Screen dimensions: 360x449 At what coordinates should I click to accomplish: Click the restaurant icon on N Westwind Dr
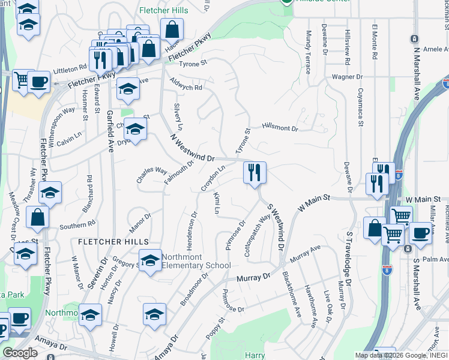[255, 173]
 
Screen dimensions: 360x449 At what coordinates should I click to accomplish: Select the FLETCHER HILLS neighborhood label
[113, 241]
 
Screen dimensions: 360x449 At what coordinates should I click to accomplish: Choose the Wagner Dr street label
[348, 77]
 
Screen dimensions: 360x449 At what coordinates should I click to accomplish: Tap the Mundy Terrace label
[308, 52]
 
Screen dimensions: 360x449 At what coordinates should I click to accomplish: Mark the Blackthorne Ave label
[292, 295]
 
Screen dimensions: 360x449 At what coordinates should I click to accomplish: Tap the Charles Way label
[152, 175]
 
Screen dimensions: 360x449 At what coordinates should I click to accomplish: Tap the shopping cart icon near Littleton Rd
[21, 80]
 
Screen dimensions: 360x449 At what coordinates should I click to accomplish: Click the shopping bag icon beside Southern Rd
[37, 218]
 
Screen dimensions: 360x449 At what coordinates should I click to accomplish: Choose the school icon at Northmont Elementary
[150, 260]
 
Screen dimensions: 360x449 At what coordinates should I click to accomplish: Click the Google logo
[20, 353]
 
